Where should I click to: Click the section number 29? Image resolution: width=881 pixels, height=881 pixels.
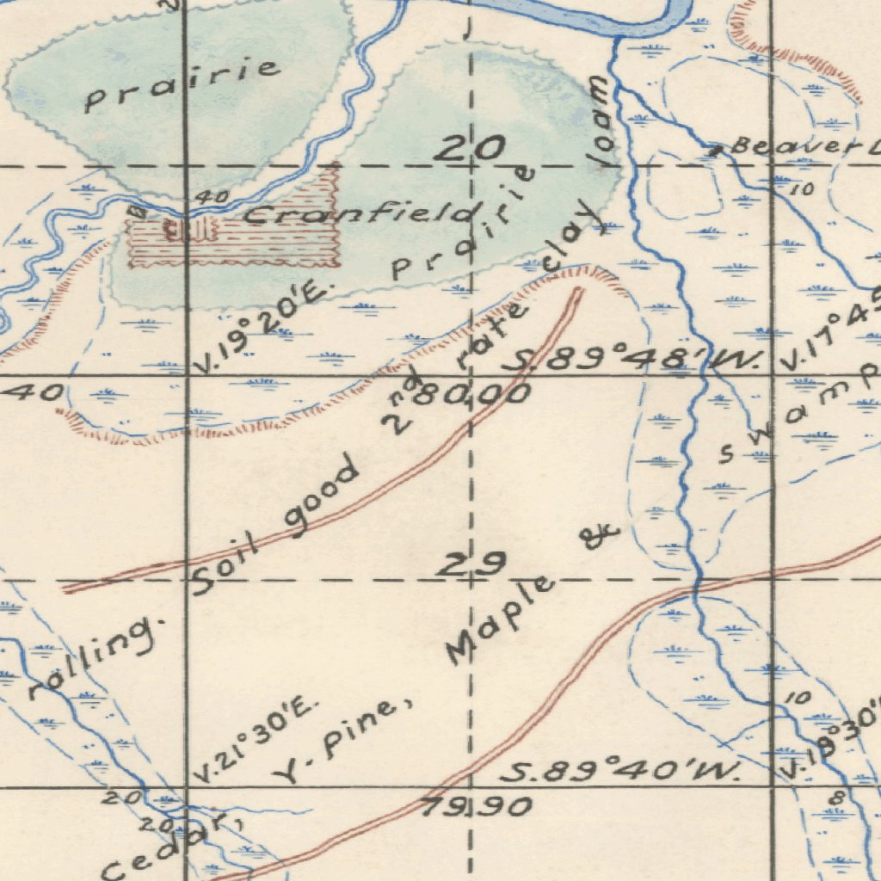point(470,565)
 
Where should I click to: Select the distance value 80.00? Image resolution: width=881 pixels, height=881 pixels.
point(474,395)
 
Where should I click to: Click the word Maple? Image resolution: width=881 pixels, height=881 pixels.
point(500,620)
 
